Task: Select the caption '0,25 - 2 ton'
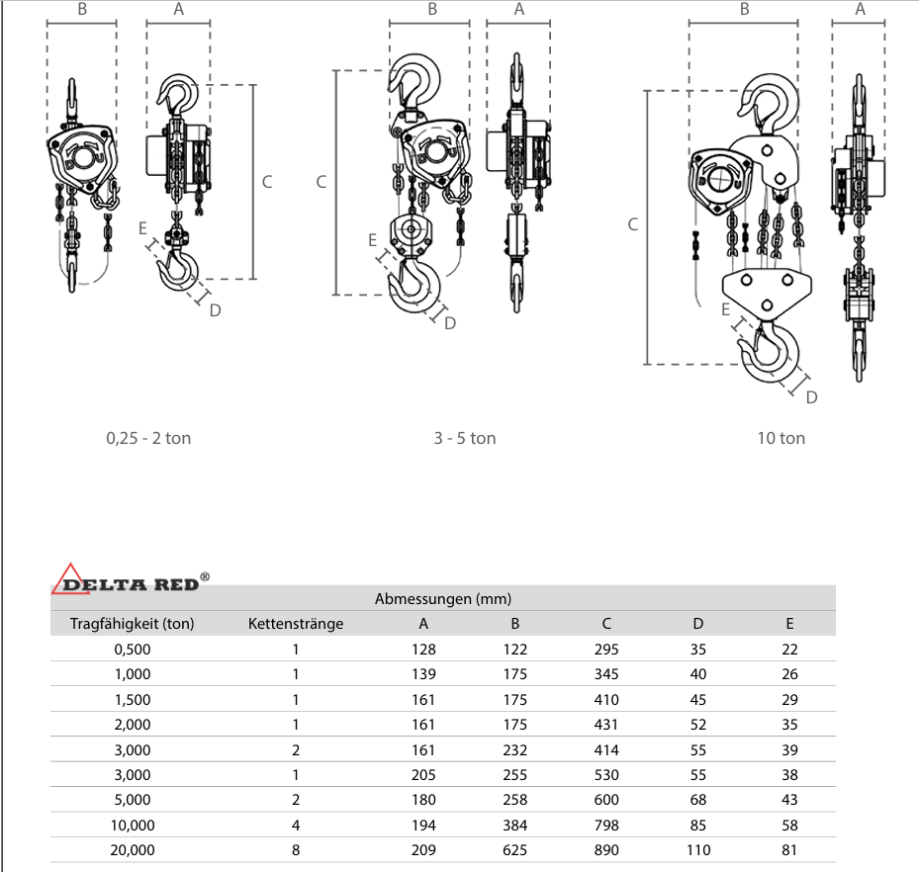[x=148, y=438]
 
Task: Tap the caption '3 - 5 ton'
[x=464, y=438]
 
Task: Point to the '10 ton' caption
[x=781, y=438]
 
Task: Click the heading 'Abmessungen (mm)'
[x=443, y=598]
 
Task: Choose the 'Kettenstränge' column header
[x=296, y=624]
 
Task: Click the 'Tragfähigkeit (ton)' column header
[x=133, y=624]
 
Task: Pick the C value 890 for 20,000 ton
[x=606, y=849]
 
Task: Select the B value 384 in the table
[x=514, y=825]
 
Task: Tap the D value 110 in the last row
[x=698, y=849]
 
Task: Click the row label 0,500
[x=133, y=650]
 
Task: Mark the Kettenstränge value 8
[x=295, y=849]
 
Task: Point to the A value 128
[x=423, y=650]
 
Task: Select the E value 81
[x=788, y=849]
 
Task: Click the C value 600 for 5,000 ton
[x=606, y=800]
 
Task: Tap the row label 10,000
[x=133, y=825]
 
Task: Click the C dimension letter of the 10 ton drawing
[x=633, y=224]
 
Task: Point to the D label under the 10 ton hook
[x=811, y=397]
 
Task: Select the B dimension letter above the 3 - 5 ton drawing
[x=432, y=10]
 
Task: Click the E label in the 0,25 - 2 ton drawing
[x=144, y=226]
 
